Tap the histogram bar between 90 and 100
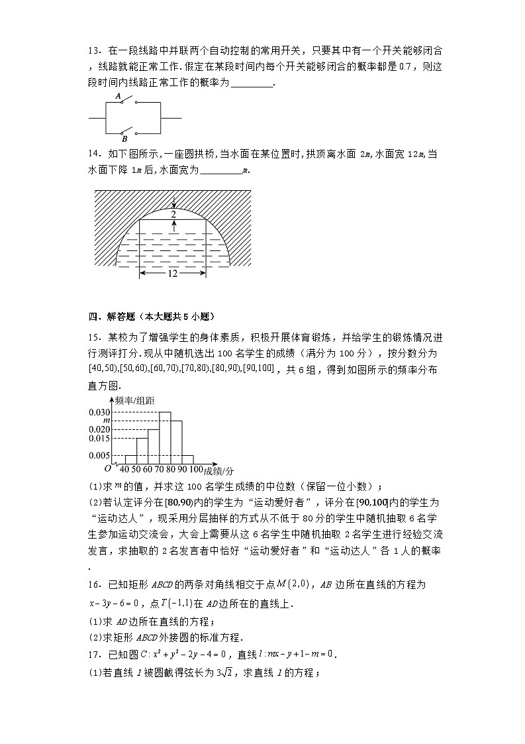click(x=188, y=459)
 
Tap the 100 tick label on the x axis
click(x=196, y=470)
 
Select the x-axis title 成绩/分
click(x=219, y=470)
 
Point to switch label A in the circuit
click(x=119, y=97)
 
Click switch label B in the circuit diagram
click(x=124, y=139)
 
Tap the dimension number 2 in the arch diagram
click(x=173, y=215)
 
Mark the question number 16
click(x=94, y=584)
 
